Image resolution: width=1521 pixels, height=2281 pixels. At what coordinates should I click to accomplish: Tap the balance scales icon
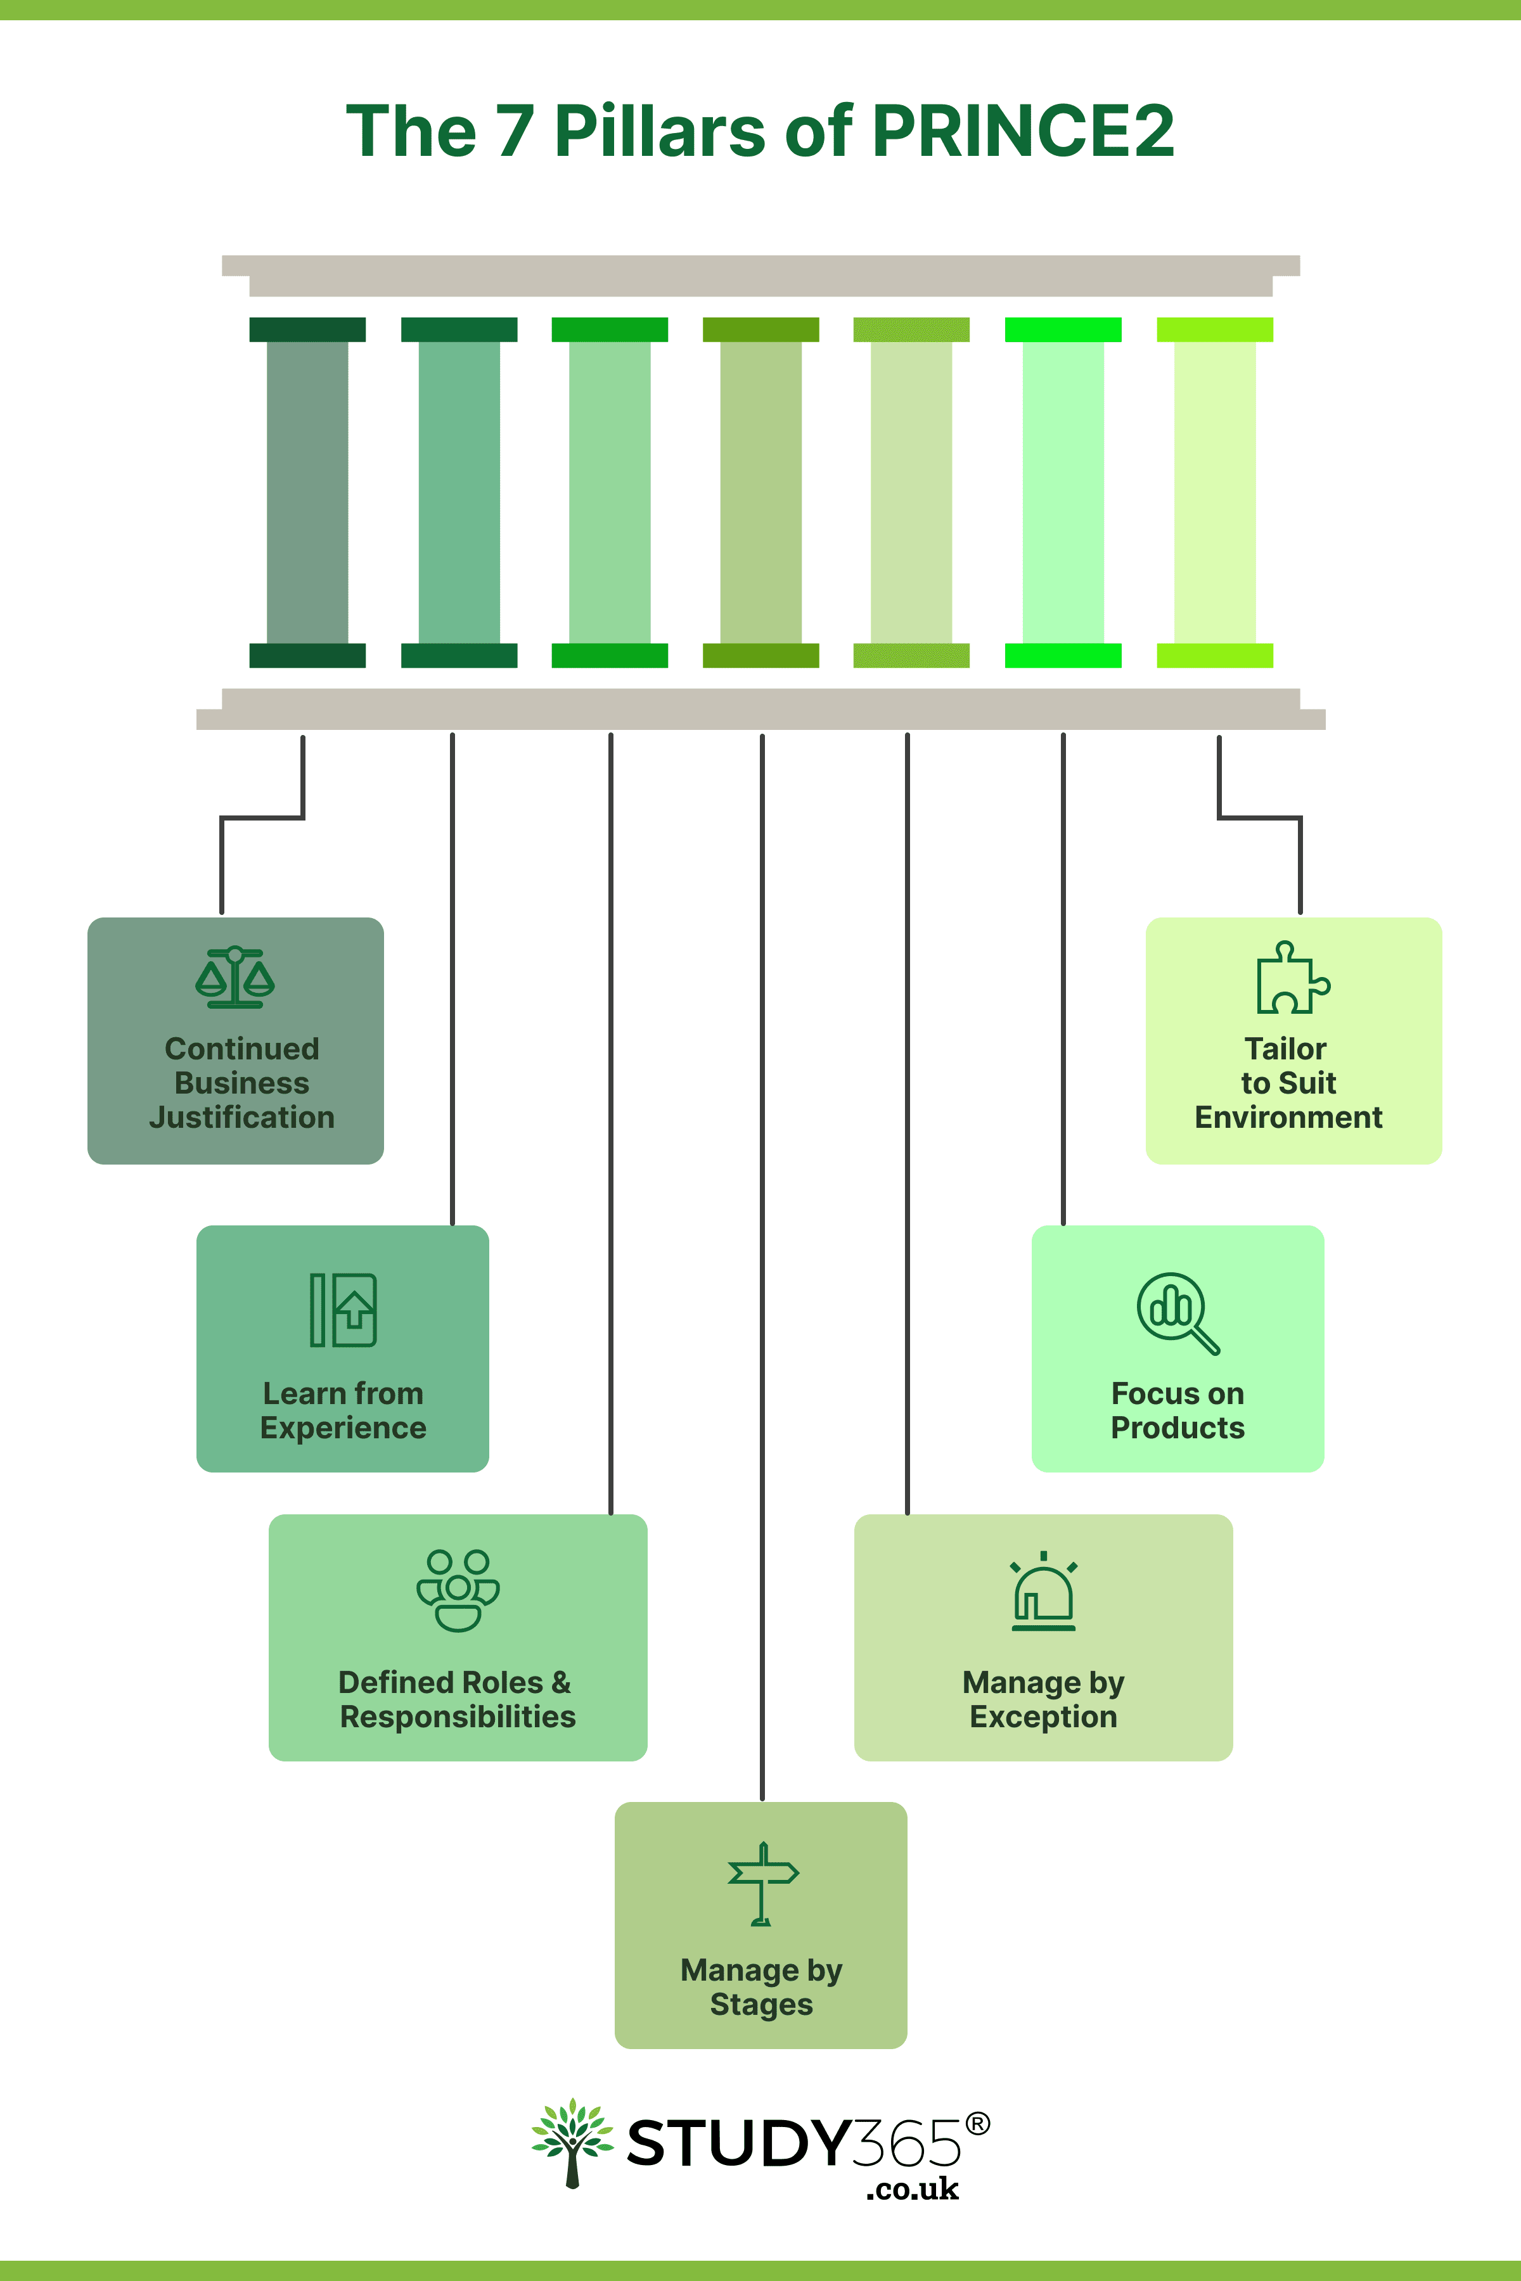[x=234, y=978]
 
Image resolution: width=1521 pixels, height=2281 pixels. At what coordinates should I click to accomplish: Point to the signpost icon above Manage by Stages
[x=762, y=1883]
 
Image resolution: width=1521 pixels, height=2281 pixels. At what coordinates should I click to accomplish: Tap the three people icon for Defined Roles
[x=458, y=1590]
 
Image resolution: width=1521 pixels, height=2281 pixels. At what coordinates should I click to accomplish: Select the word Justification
[x=241, y=1117]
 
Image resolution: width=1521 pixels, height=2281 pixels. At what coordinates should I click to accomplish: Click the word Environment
[x=1288, y=1117]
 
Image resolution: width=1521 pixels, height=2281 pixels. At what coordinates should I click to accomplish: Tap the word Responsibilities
[x=458, y=1716]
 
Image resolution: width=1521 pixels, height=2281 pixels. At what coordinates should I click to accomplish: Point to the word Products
[x=1177, y=1428]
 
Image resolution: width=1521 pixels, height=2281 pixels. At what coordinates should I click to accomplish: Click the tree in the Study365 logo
[x=572, y=2142]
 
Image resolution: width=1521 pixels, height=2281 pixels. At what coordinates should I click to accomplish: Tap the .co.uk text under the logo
[x=912, y=2189]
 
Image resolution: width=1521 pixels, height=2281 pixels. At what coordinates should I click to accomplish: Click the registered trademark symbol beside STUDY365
[x=978, y=2124]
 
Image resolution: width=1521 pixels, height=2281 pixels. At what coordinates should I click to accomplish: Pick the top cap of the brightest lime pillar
[x=1214, y=329]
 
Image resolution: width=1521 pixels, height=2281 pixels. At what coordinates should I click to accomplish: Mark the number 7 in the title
[x=515, y=131]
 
